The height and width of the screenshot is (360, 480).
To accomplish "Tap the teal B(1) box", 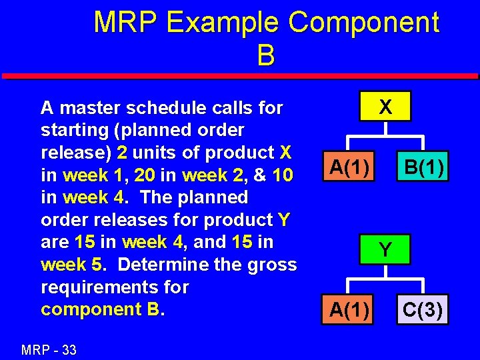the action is coord(421,167).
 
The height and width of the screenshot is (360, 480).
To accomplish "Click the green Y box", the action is coord(385,250).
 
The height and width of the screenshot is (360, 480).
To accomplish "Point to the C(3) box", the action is coord(421,310).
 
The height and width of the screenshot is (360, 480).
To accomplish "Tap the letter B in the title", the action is coord(265,55).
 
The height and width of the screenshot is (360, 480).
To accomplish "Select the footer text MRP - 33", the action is coord(49,349).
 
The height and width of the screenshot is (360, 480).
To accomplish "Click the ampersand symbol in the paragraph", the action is coord(261,175).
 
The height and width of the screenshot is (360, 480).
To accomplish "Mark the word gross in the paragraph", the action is coord(271,265).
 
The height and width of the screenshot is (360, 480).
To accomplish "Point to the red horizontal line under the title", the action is coord(240,76).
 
